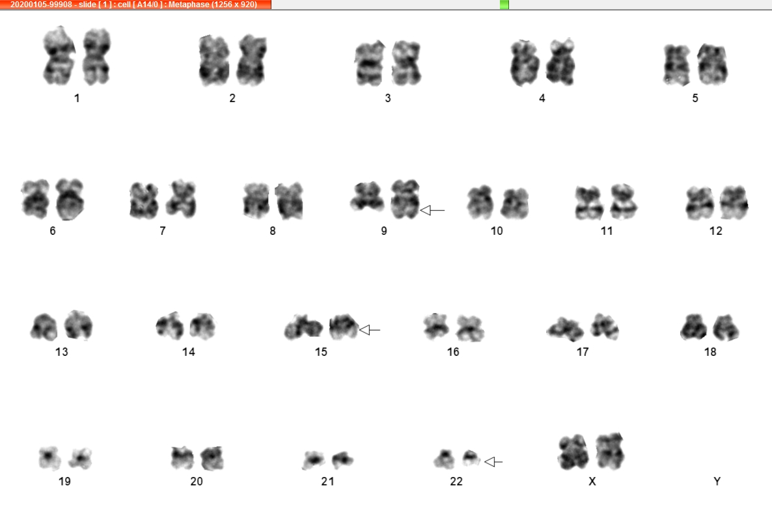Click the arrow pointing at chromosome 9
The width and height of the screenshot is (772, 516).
point(432,210)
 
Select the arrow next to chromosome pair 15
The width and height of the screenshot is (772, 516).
point(370,330)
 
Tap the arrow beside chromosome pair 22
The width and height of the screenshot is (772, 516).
point(494,462)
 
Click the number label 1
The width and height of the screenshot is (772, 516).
point(77,98)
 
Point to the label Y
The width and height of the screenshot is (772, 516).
point(717,482)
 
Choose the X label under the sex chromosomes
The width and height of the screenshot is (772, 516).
point(592,482)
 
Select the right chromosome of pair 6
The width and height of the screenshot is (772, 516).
point(70,199)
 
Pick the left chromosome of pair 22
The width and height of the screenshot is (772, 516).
point(444,459)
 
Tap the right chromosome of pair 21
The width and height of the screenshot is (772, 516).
point(342,460)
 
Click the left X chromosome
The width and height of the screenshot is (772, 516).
point(573,452)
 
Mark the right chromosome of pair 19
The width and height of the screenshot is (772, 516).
point(80,458)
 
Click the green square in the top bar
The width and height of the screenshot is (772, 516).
point(504,5)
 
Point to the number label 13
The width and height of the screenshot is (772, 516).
point(62,352)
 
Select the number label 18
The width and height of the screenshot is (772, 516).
point(710,352)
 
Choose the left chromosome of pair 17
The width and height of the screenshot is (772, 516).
point(565,329)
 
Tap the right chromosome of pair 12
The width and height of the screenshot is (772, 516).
point(734,202)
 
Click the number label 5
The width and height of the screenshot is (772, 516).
point(695,98)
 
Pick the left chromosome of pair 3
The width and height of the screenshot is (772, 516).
point(369,63)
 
